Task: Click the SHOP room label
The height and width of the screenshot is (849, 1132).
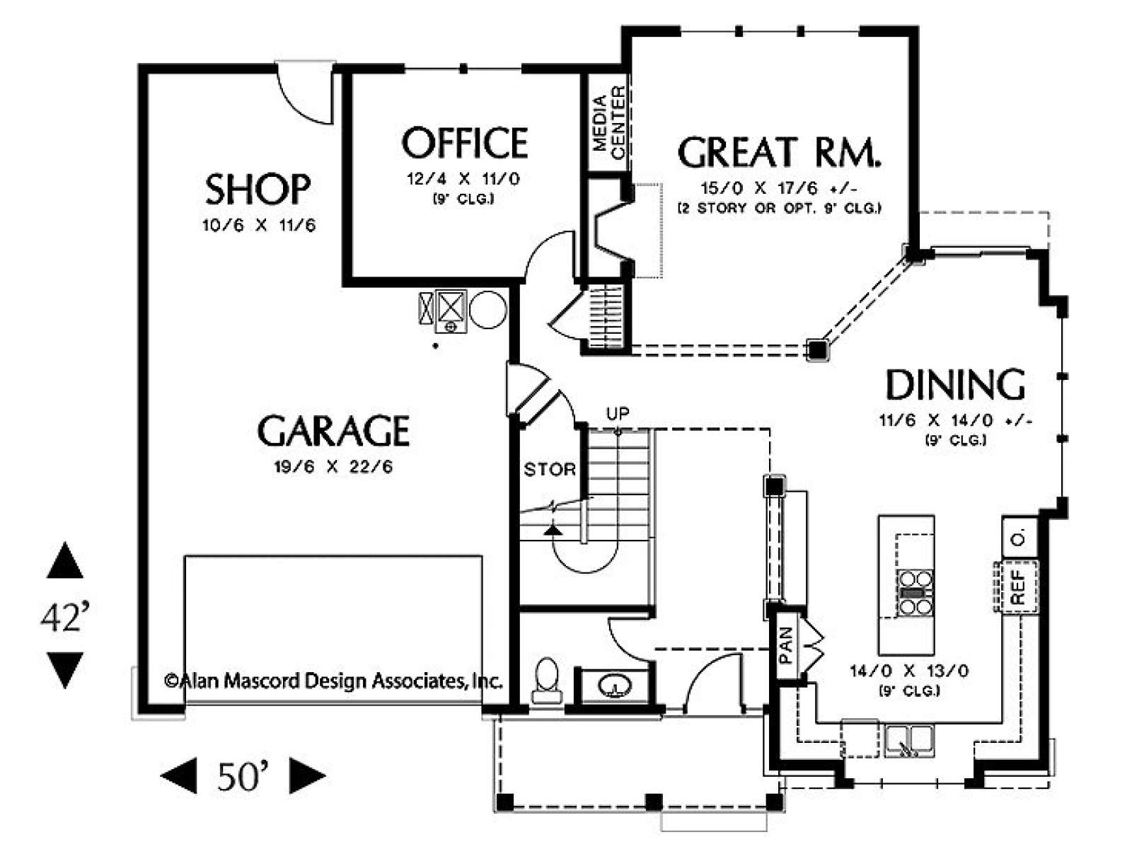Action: click(258, 189)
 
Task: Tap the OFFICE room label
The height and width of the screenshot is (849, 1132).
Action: click(465, 143)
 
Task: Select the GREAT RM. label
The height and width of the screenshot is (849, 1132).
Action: click(779, 152)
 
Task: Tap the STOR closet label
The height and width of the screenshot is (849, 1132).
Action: click(550, 470)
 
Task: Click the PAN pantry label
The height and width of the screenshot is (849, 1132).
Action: click(786, 645)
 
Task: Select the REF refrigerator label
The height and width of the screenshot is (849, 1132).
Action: click(1019, 588)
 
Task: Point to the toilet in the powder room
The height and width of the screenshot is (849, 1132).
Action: click(547, 681)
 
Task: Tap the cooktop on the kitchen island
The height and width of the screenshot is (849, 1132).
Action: click(916, 594)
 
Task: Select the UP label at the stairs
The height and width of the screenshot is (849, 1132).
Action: click(618, 413)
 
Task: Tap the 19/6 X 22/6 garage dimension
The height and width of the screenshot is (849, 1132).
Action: click(334, 467)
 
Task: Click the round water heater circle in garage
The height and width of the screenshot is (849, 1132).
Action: click(488, 309)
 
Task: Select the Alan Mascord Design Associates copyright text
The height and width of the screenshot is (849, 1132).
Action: click(333, 681)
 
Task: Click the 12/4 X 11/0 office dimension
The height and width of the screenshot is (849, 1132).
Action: click(463, 179)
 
